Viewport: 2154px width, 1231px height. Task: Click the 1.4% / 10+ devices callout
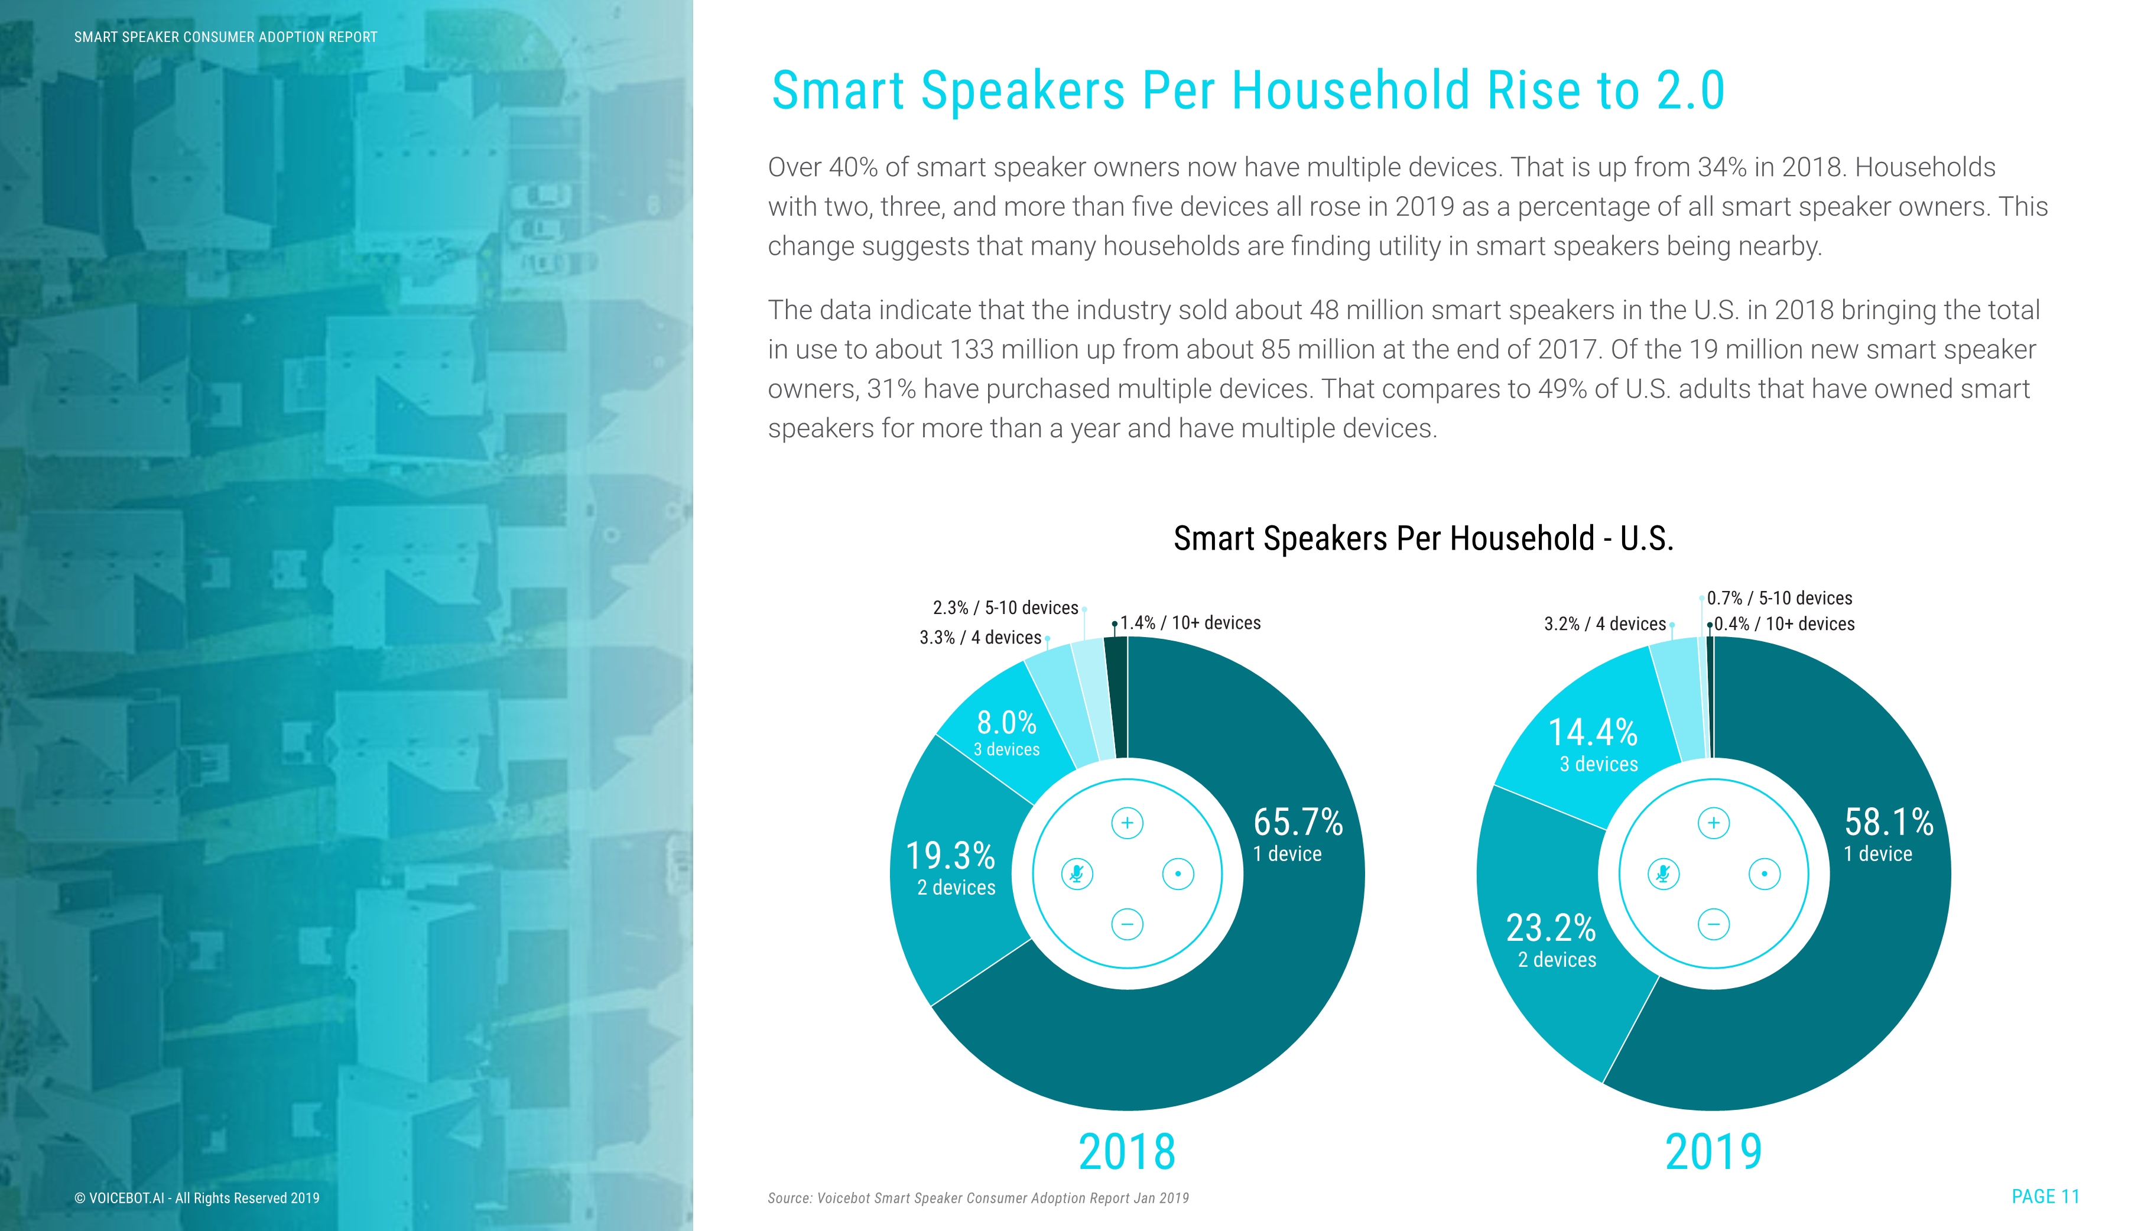[1190, 623]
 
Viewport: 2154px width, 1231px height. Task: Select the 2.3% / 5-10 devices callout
[1005, 608]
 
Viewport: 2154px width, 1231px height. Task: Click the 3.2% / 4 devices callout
[1604, 624]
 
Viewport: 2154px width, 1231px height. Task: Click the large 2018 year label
[1127, 1152]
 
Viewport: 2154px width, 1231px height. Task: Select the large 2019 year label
[1714, 1152]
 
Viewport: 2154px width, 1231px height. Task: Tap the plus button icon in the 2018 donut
[1127, 823]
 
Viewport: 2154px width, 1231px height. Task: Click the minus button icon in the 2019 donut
[1714, 924]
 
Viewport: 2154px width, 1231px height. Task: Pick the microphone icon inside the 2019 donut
[1664, 873]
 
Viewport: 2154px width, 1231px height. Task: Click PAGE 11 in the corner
[2045, 1196]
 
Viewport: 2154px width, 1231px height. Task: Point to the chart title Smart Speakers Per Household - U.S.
[1423, 538]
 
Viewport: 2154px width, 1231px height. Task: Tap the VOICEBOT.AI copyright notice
[197, 1198]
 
